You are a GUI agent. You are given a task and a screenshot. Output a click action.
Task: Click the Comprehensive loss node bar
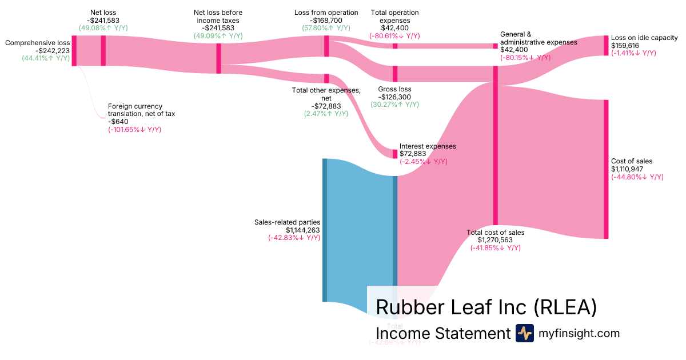(74, 51)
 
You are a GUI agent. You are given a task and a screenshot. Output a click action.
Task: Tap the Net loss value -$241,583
(103, 19)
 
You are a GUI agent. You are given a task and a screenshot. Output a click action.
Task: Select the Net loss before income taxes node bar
(218, 58)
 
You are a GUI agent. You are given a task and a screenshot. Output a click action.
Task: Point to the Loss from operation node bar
(326, 46)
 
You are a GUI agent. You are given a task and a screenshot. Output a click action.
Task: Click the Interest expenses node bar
(394, 154)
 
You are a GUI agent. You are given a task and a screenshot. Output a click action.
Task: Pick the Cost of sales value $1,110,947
(632, 169)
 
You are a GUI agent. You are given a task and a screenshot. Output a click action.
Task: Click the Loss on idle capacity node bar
(606, 45)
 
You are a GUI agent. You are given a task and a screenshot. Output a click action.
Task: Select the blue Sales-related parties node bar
(325, 230)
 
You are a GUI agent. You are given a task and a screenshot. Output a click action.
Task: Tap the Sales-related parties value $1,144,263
(296, 230)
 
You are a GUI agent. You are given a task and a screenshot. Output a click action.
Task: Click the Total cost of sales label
(495, 233)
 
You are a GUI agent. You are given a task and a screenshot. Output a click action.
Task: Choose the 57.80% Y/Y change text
(326, 27)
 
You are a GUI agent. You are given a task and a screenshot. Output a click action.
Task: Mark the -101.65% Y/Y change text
(134, 130)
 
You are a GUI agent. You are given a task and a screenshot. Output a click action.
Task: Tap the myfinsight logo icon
(524, 333)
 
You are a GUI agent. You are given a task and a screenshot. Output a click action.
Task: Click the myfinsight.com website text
(579, 333)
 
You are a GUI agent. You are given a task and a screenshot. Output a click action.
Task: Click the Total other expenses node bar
(326, 79)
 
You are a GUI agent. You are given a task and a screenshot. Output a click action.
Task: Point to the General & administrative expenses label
(538, 38)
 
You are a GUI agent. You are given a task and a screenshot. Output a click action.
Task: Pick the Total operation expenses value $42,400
(394, 27)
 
